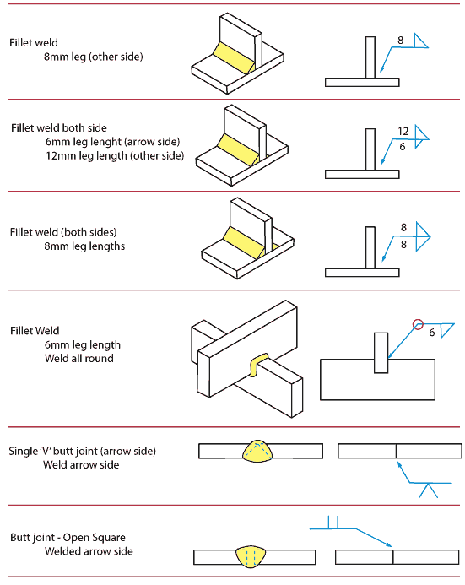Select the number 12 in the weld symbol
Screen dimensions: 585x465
[403, 131]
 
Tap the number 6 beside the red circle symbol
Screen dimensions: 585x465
[432, 333]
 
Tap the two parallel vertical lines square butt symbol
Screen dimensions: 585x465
[334, 522]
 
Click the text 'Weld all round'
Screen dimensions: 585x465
[78, 359]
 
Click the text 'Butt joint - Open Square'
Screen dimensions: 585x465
[67, 537]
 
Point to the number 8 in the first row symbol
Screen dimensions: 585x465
[400, 40]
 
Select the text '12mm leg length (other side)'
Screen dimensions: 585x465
[114, 156]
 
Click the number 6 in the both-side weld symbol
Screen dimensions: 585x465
[403, 146]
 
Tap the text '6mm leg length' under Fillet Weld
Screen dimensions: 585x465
[83, 344]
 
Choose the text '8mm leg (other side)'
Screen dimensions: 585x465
[94, 57]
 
